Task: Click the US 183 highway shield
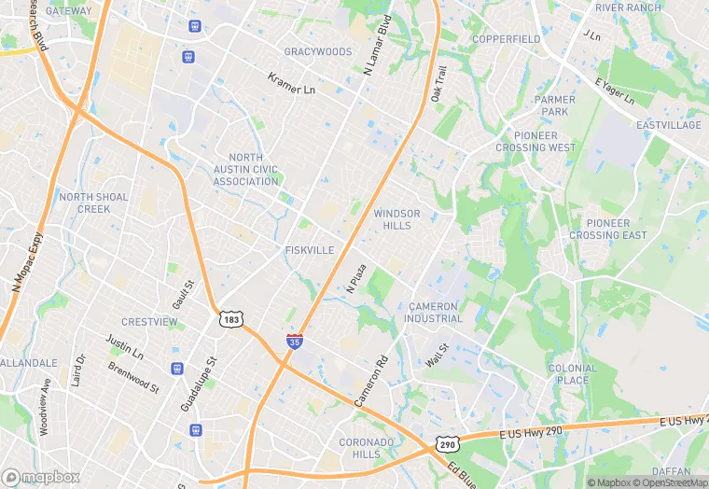[230, 320]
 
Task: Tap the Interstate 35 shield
[294, 342]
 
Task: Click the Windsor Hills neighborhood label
[396, 219]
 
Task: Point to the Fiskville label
[309, 250]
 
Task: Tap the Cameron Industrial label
[433, 313]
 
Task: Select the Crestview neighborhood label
[149, 322]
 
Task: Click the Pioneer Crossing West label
[535, 141]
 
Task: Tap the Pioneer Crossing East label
[615, 229]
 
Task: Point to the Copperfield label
[506, 39]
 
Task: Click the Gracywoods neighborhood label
[317, 51]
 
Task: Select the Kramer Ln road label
[298, 83]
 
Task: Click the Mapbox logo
[41, 477]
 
